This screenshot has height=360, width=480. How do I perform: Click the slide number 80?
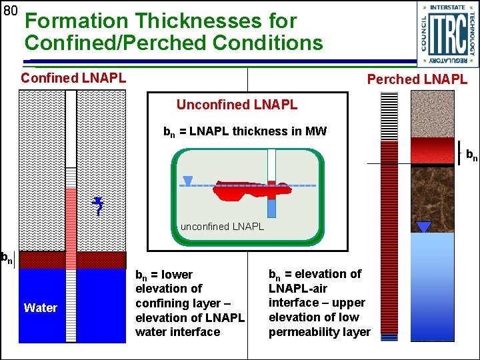click(9, 11)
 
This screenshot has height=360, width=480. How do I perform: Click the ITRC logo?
click(447, 34)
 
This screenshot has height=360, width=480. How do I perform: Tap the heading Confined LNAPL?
click(73, 78)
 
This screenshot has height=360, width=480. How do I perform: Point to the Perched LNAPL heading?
click(417, 79)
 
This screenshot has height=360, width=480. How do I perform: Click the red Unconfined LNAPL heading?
click(237, 105)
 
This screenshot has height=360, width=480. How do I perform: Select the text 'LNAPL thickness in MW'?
click(257, 131)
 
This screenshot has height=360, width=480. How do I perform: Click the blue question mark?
click(98, 208)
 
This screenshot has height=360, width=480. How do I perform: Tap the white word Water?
click(41, 307)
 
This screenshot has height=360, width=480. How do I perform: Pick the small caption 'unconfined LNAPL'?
click(222, 227)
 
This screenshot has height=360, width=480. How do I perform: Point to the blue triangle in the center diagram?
click(188, 180)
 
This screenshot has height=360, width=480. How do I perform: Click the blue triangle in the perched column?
click(423, 227)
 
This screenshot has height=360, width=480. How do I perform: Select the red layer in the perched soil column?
click(432, 150)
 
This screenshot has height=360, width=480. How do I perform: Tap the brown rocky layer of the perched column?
click(432, 193)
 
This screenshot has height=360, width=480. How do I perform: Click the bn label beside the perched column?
click(471, 156)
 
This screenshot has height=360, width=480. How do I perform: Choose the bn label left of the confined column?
click(7, 257)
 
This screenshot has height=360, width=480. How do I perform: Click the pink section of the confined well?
click(71, 220)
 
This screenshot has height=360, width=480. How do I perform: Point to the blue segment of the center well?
click(271, 209)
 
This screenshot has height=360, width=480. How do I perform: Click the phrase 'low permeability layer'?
click(319, 332)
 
